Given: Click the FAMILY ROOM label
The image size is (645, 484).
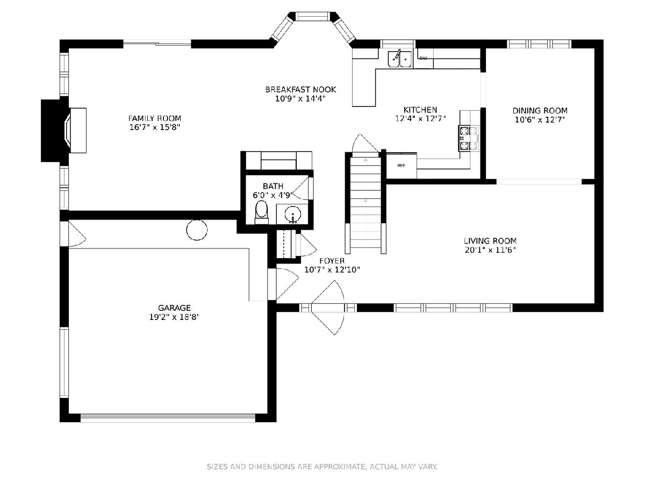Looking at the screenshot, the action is (154, 118).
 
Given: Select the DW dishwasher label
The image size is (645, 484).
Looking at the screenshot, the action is (423, 58).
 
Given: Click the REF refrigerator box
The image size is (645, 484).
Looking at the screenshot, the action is (401, 166).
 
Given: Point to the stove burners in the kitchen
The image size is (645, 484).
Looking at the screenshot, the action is (468, 138).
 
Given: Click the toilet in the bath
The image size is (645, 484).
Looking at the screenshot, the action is (261, 212).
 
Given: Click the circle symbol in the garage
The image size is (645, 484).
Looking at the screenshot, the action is (197, 230).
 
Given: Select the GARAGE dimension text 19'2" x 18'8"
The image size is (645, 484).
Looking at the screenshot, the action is (174, 317).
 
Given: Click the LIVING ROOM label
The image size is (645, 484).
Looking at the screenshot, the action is (490, 241).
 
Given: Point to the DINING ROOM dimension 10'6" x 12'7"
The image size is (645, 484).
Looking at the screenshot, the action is (540, 119).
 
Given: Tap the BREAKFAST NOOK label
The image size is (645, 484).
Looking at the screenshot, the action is (300, 89).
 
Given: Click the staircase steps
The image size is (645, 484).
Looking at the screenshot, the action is (365, 203).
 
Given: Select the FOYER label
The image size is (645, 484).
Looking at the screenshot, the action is (332, 261).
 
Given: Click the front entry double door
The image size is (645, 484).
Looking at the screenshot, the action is (327, 308).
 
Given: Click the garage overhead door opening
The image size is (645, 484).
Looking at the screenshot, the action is (168, 418).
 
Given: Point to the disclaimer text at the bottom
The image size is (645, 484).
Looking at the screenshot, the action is (322, 466).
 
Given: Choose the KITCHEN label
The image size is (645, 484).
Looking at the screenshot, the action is (420, 110).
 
